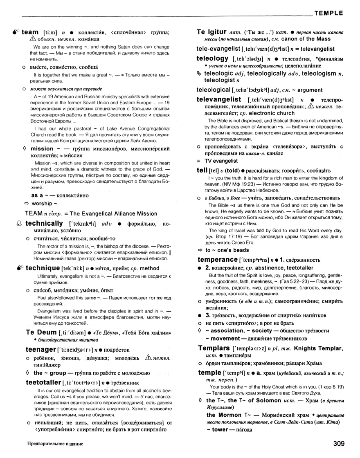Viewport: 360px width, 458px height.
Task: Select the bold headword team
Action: coord(29,32)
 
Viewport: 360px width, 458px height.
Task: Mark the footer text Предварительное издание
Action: coord(52,444)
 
